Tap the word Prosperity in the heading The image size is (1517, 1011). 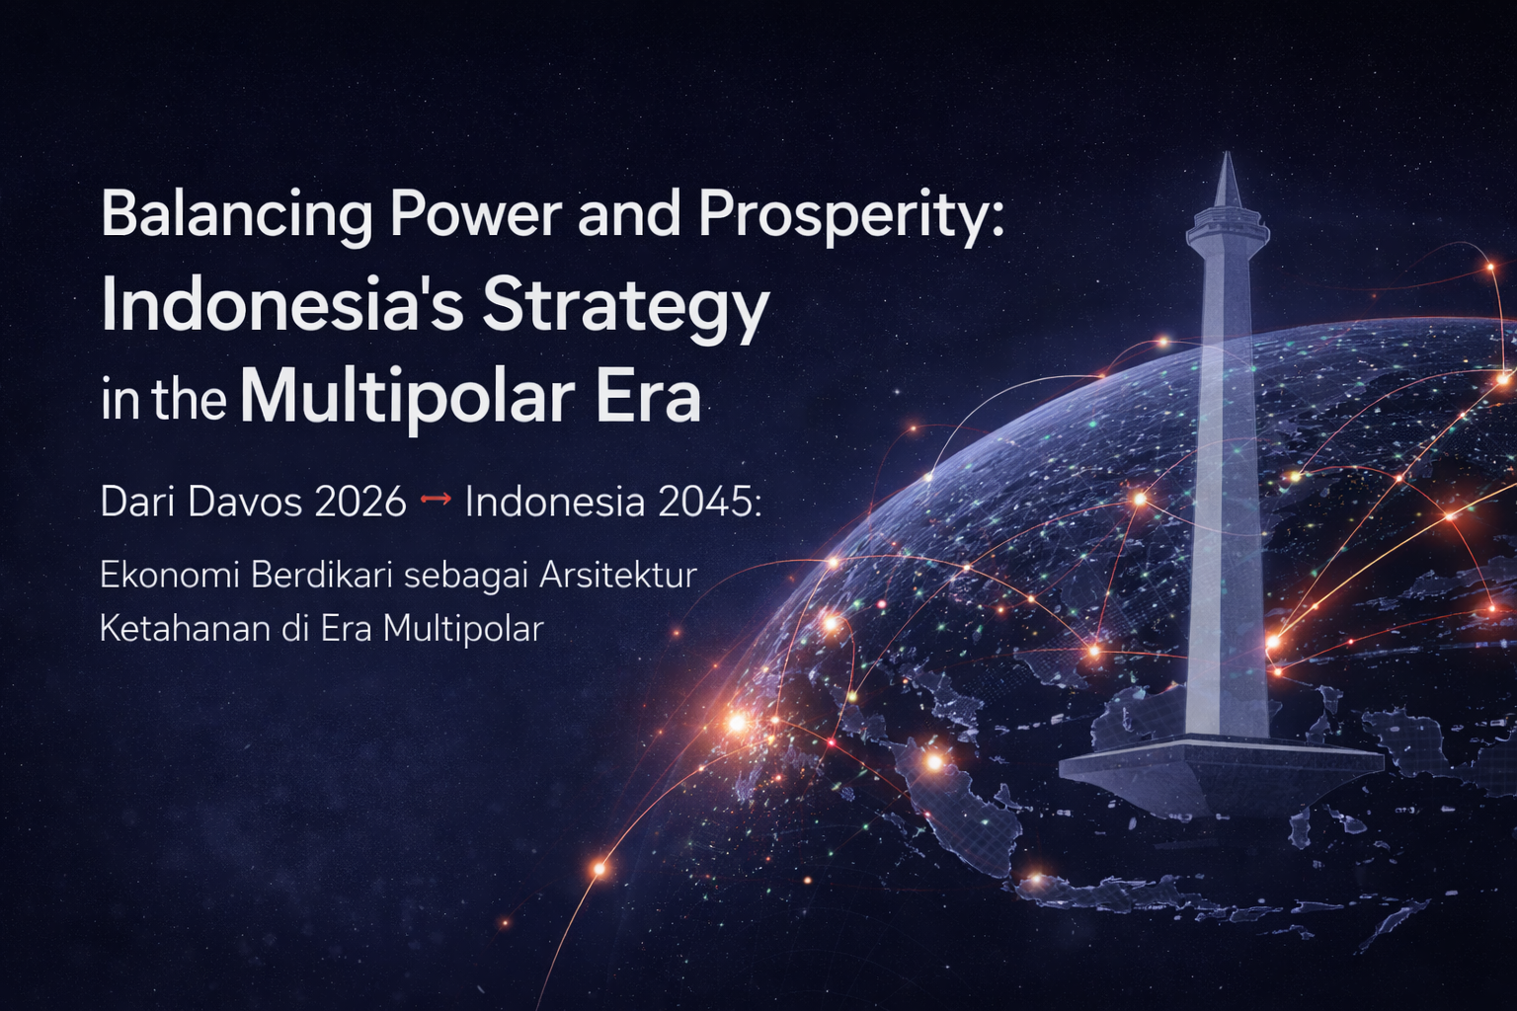849,215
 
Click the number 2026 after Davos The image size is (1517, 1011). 360,502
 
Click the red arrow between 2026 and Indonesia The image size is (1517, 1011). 436,501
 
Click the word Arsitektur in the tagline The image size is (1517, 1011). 618,575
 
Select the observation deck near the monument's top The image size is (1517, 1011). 1227,232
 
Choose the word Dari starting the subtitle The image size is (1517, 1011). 137,502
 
